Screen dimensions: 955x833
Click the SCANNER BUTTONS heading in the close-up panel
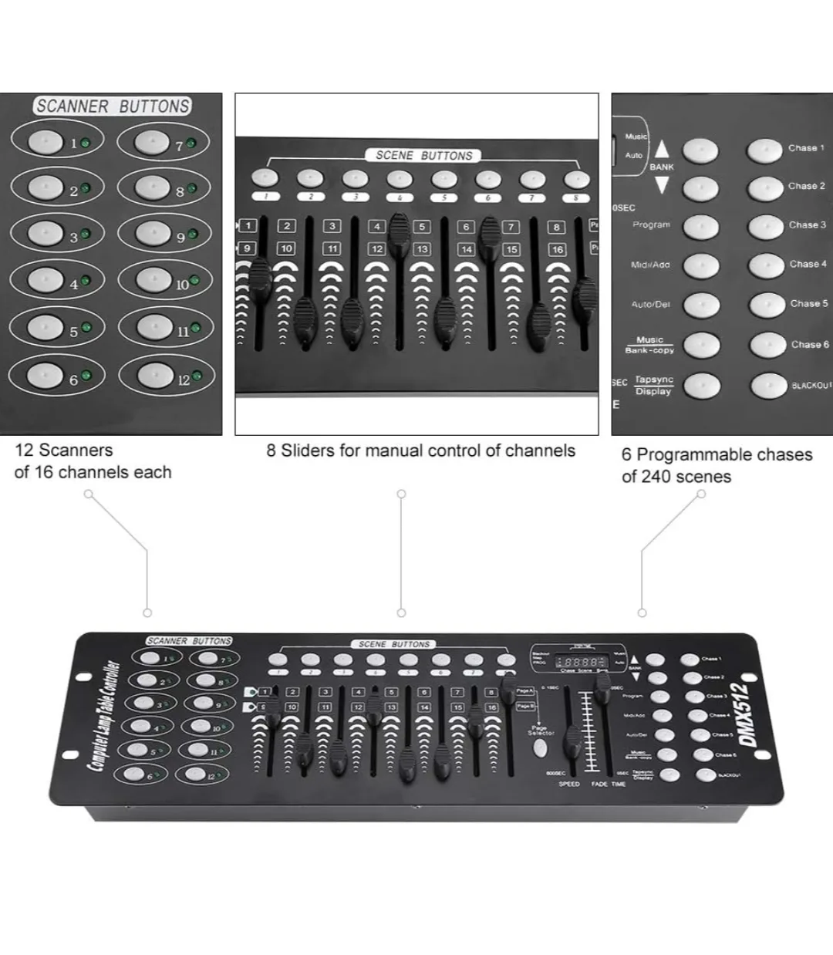coord(113,106)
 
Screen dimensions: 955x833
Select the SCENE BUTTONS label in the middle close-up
coord(423,155)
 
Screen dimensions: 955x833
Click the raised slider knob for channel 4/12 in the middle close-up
coord(399,228)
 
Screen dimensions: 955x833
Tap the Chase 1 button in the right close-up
coord(765,150)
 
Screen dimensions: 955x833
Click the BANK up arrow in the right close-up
coord(662,149)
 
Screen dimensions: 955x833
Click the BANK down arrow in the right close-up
coord(662,185)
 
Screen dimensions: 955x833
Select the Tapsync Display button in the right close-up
coord(701,386)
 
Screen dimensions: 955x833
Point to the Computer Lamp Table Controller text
coord(103,716)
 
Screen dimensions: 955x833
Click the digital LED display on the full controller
coord(581,662)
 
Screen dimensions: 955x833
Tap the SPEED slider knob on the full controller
coord(572,743)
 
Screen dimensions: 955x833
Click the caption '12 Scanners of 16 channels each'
coord(93,461)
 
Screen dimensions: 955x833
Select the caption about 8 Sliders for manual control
coord(420,451)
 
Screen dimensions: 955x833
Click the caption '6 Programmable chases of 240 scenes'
coord(717,465)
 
